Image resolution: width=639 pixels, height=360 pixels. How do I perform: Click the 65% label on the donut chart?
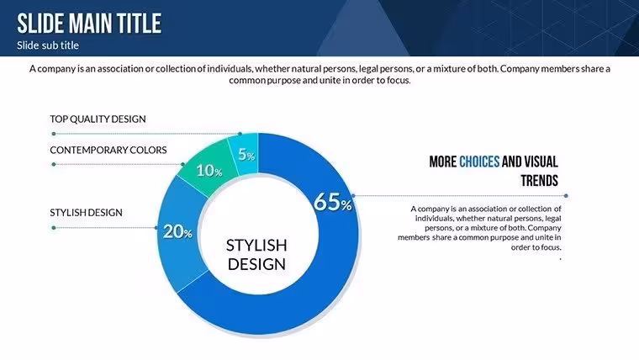pos(333,202)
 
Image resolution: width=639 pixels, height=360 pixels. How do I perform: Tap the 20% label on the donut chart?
pos(177,231)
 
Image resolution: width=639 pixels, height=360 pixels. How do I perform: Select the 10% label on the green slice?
pos(209,171)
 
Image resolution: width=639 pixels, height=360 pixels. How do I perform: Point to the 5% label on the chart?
pos(246,155)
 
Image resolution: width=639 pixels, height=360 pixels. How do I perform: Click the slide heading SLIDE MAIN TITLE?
pos(89,24)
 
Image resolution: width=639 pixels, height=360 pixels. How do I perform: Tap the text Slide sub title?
pos(48,45)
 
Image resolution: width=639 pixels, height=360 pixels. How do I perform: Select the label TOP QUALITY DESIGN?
pos(98,119)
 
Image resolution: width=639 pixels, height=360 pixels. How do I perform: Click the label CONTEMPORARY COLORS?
pos(108,150)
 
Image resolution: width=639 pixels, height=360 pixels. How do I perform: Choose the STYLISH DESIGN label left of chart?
pos(86,213)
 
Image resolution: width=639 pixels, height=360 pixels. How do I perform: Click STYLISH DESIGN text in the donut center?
pos(256,254)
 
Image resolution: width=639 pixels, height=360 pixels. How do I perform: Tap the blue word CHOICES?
pos(479,161)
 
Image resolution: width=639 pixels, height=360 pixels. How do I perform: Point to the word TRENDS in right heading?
pos(539,181)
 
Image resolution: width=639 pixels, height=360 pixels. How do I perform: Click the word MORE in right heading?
pos(442,161)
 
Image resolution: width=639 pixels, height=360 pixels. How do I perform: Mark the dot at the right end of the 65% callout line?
pos(566,196)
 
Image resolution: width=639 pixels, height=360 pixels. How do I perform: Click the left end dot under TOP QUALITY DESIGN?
pos(54,134)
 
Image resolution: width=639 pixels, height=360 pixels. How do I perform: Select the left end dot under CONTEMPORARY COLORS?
pos(54,164)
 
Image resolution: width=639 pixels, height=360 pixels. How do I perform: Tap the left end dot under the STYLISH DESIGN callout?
pos(54,228)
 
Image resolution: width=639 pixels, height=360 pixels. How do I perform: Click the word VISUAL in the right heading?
pos(541,161)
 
